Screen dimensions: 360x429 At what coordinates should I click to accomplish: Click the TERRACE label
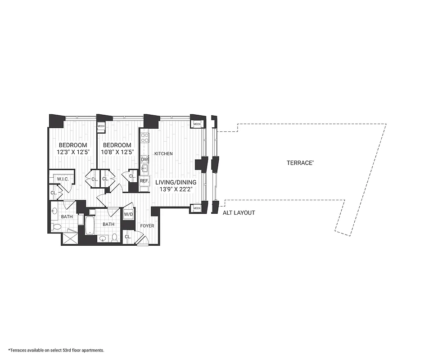point(300,163)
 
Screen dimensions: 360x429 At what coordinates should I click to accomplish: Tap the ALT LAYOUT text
point(239,213)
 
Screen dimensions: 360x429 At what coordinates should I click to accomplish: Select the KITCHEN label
point(163,154)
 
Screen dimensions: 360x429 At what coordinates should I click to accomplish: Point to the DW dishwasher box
point(145,159)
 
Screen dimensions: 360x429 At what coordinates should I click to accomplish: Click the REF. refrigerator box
point(145,181)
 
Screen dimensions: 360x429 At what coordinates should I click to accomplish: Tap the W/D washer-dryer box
point(128,214)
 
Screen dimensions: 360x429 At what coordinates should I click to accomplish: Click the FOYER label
point(147,226)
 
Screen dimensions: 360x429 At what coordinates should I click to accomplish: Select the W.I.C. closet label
point(62,179)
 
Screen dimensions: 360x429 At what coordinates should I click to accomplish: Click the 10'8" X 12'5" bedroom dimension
point(117,152)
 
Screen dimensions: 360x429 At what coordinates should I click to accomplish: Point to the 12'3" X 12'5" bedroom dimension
point(72,152)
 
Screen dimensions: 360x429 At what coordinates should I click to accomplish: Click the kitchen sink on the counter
point(145,169)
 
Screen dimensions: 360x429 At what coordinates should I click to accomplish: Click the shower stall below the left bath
point(69,238)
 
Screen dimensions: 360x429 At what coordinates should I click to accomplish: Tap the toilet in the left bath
point(55,227)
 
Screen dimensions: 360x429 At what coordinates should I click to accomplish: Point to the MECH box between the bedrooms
point(101,126)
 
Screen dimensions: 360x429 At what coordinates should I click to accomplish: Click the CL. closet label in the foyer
point(128,237)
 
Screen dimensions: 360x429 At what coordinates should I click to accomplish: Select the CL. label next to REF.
point(133,176)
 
